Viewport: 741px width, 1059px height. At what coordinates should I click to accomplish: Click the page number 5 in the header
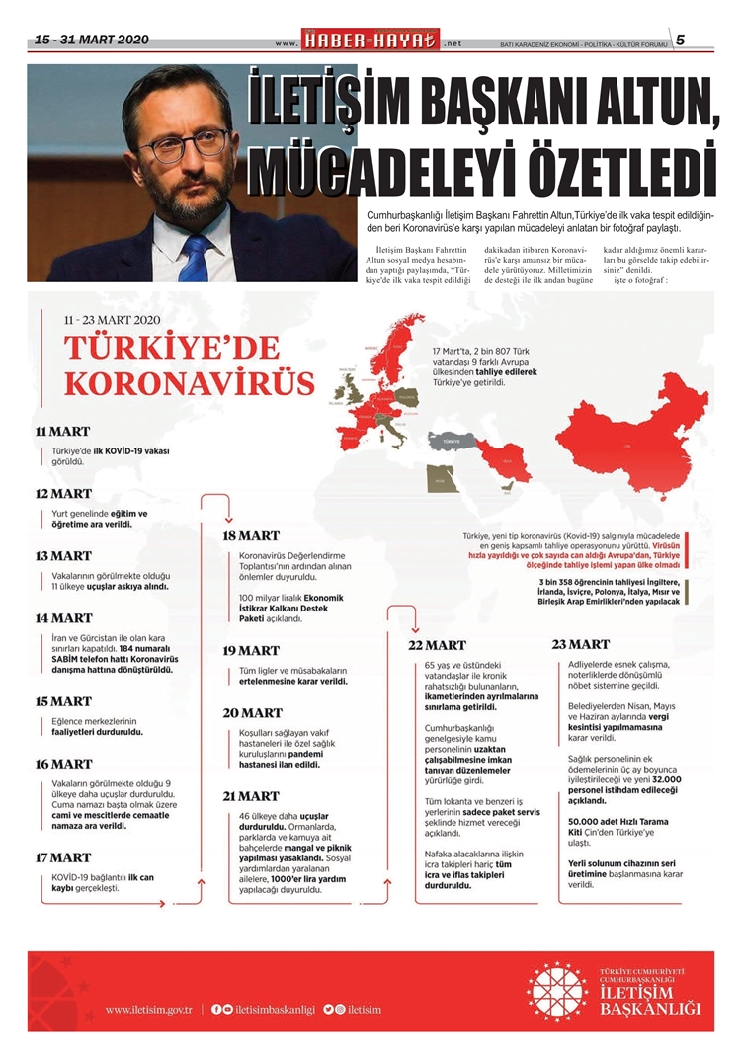681,40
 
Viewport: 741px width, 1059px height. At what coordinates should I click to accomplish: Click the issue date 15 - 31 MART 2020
92,40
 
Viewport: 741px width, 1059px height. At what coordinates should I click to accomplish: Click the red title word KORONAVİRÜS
190,383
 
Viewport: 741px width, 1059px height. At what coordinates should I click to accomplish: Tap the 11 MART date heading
62,432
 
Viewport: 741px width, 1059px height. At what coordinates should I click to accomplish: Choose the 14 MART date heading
63,618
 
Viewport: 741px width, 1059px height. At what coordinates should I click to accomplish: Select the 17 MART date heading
63,857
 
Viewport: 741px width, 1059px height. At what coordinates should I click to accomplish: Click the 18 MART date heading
251,535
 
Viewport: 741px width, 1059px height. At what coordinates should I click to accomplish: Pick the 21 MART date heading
251,795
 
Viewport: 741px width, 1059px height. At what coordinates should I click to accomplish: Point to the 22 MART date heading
438,645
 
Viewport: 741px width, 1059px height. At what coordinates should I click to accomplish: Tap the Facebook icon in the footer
216,1009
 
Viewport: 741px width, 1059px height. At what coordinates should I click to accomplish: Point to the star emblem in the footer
556,991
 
